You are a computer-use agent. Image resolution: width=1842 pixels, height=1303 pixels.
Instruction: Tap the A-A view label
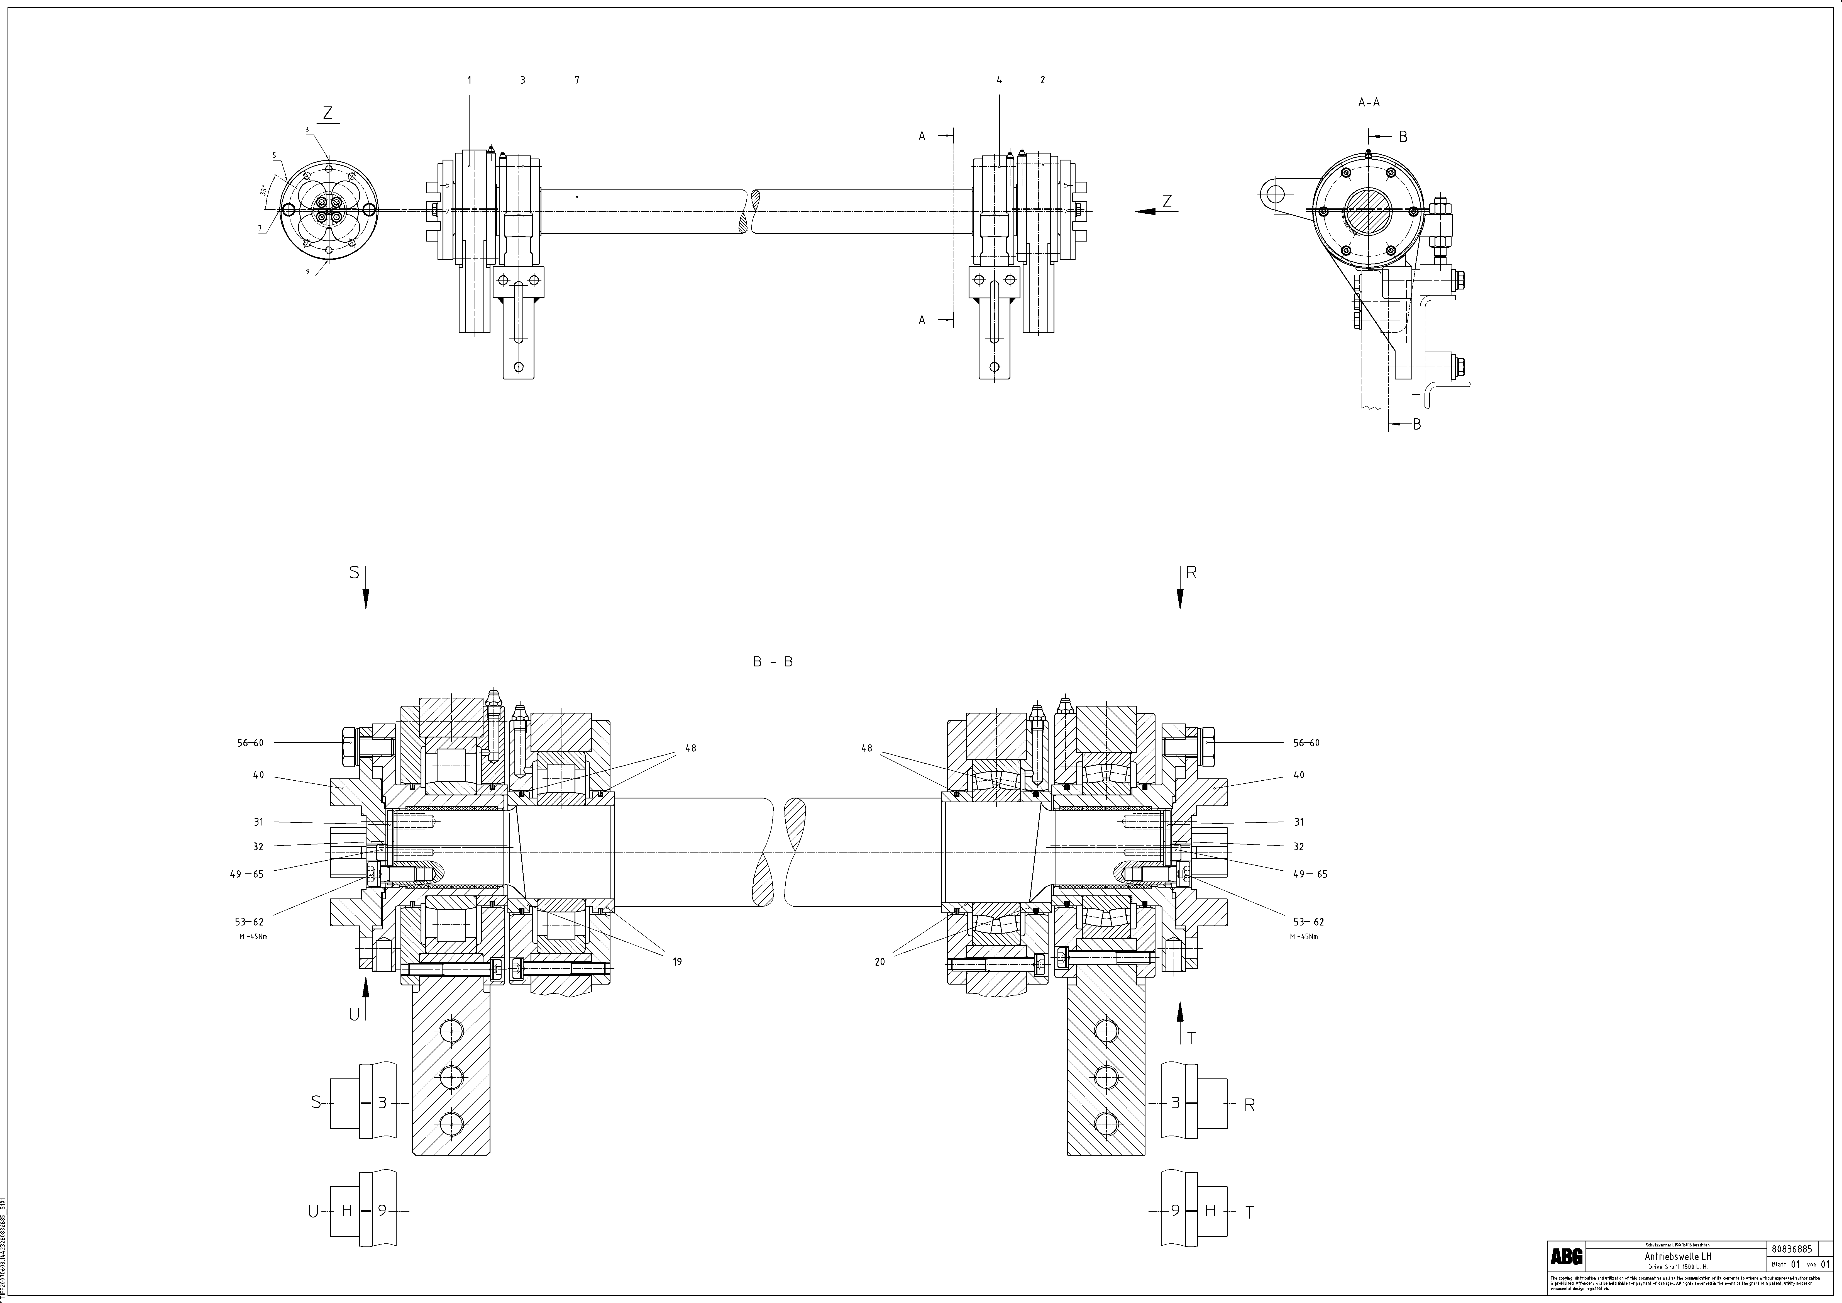pos(1369,103)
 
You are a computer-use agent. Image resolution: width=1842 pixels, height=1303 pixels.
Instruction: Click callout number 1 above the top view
pos(469,80)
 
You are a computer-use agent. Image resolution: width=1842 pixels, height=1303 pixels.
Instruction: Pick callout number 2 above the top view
pos(1042,80)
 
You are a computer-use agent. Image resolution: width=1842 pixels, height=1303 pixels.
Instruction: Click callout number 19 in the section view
pos(677,961)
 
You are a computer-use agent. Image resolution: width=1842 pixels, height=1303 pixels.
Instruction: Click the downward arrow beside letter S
pos(366,590)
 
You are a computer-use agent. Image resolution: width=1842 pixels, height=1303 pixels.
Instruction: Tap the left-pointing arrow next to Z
pos(1149,211)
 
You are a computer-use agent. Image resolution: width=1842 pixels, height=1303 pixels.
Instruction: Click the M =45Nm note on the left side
pos(253,936)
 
